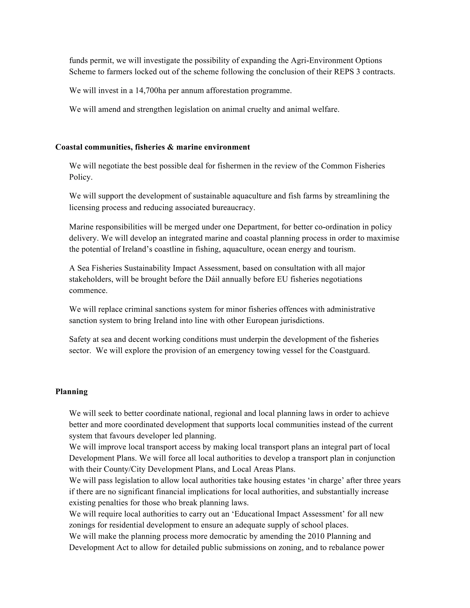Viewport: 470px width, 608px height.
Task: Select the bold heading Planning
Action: [x=72, y=391]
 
